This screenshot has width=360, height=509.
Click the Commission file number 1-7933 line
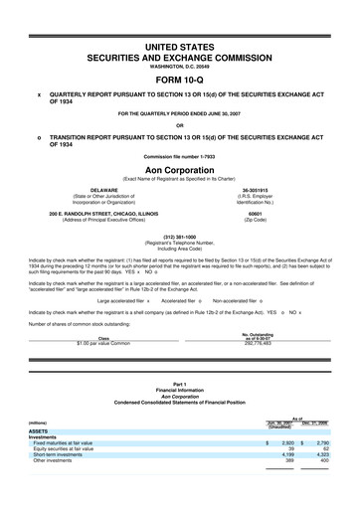click(180, 157)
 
